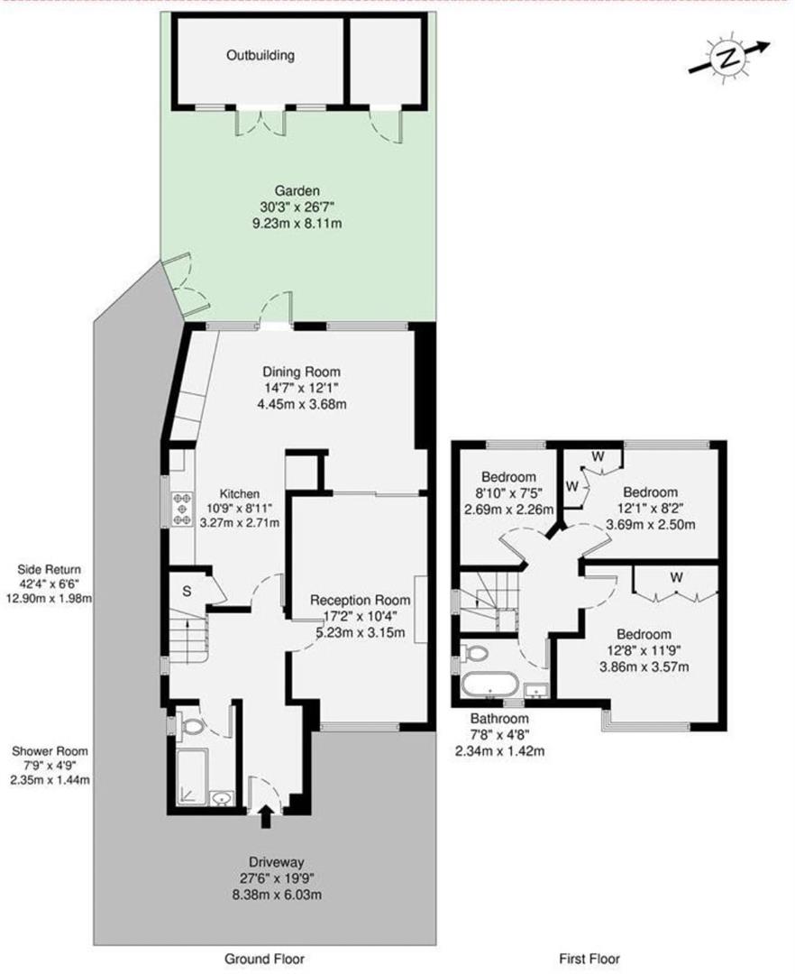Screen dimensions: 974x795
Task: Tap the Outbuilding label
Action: coord(260,56)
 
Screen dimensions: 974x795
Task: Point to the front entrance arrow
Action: coord(264,817)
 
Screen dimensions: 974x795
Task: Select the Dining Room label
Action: coord(302,372)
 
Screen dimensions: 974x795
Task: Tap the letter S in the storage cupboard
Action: coord(186,592)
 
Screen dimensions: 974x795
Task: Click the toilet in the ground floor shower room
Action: coord(192,722)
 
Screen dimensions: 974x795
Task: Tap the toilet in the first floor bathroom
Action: coord(475,652)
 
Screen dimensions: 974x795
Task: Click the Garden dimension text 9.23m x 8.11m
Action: coord(297,223)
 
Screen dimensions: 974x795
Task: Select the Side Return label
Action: coord(49,569)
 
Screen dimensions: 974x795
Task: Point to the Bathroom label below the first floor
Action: coord(498,719)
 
